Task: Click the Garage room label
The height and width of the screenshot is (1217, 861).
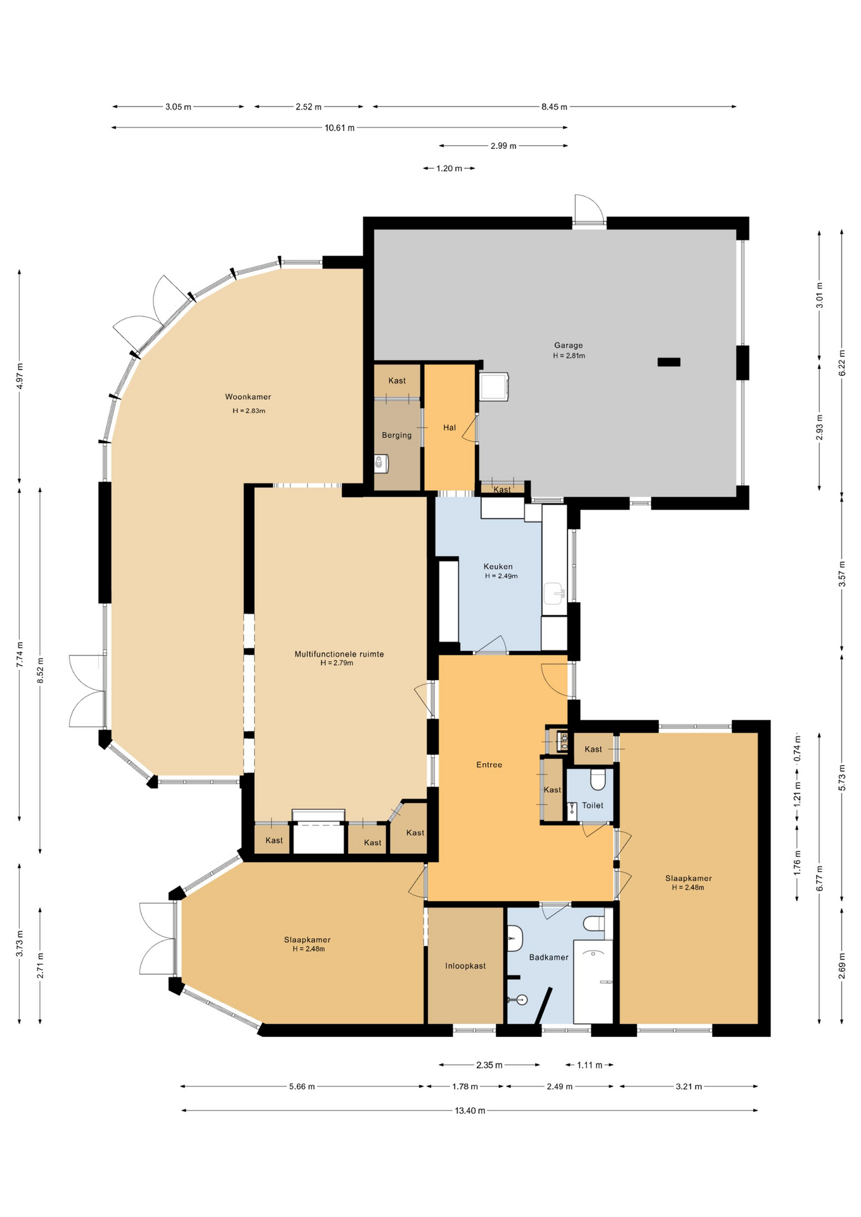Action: [x=568, y=345]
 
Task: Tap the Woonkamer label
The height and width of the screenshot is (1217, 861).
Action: [x=248, y=397]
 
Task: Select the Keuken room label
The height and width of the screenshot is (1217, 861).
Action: [x=498, y=567]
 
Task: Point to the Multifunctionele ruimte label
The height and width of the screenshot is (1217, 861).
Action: [x=339, y=654]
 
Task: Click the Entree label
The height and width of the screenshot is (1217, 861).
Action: [x=489, y=764]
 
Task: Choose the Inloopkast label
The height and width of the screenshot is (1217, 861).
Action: [x=465, y=966]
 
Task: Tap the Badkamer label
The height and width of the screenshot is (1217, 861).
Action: [x=548, y=957]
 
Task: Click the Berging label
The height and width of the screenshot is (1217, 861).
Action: [x=397, y=435]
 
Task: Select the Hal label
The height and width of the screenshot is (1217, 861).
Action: [x=450, y=427]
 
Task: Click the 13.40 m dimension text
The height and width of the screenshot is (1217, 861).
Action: [x=470, y=1111]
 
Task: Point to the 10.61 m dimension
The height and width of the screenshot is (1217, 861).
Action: [x=340, y=127]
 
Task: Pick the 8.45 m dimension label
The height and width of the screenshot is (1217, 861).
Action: [x=554, y=106]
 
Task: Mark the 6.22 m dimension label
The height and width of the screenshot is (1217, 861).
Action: [x=842, y=363]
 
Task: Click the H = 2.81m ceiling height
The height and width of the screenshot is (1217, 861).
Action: [x=569, y=356]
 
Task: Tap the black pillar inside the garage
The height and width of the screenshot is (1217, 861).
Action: [x=669, y=362]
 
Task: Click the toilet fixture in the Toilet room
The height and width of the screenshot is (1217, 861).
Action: [x=598, y=780]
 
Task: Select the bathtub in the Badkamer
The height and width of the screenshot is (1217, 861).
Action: [x=593, y=982]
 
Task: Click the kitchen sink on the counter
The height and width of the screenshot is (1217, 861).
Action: [x=555, y=594]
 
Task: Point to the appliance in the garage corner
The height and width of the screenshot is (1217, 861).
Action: [x=494, y=387]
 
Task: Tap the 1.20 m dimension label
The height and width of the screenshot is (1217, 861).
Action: [x=449, y=168]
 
